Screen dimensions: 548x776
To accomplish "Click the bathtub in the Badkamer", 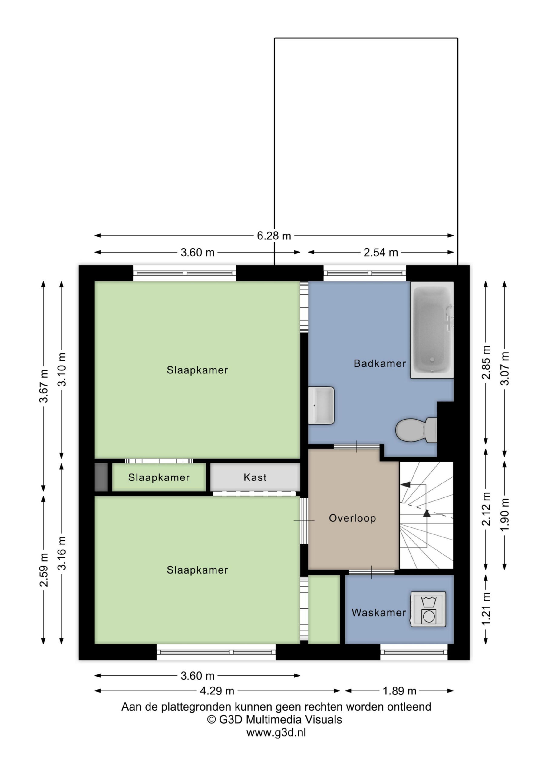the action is (x=431, y=329).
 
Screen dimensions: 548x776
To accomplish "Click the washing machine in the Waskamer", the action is (x=428, y=609).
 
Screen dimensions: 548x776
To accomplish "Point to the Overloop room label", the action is (x=352, y=518).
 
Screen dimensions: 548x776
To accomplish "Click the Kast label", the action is (x=255, y=477).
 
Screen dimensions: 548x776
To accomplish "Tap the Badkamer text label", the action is (x=380, y=363).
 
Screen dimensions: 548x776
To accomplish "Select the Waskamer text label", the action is (x=379, y=612).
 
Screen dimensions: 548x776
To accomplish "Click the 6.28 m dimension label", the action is (x=274, y=236).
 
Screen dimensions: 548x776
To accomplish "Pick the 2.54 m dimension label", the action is (x=381, y=253).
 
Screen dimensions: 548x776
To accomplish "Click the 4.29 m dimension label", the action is (x=217, y=691).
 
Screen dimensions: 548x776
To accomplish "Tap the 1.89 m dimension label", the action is (x=399, y=691).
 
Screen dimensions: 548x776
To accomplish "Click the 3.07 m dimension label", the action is (x=504, y=368).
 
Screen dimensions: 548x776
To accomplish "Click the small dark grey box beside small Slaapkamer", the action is (x=101, y=477).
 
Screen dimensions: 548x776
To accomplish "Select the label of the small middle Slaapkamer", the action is (x=159, y=477).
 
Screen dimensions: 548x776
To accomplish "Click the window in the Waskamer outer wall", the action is (x=414, y=652).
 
